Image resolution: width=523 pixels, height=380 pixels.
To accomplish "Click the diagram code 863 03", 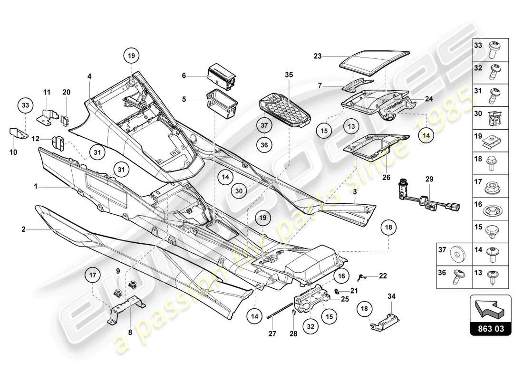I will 491,328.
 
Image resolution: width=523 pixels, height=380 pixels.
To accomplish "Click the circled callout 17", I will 93,275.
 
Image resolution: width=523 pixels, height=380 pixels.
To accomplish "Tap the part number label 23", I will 318,56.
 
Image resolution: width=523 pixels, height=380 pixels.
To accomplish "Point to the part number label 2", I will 23,230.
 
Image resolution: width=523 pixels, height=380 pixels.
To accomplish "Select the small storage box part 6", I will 222,76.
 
